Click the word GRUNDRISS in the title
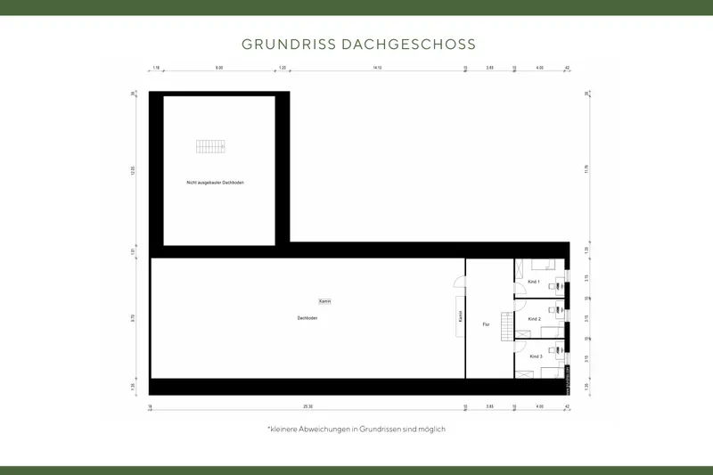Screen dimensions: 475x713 (288, 44)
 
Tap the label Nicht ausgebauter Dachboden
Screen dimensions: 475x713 (215, 183)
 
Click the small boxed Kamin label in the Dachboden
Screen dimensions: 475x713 (324, 301)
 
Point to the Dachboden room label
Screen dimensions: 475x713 (307, 318)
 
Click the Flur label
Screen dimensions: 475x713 (487, 324)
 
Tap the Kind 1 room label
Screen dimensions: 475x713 (535, 282)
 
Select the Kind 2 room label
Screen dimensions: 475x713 (535, 318)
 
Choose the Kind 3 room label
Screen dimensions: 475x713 (536, 356)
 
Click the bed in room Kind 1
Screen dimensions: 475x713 (540, 264)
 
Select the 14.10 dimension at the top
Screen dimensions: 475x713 (377, 68)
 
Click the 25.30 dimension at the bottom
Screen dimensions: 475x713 (307, 406)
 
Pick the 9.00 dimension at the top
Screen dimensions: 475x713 (219, 68)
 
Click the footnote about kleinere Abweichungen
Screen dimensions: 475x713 (356, 429)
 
